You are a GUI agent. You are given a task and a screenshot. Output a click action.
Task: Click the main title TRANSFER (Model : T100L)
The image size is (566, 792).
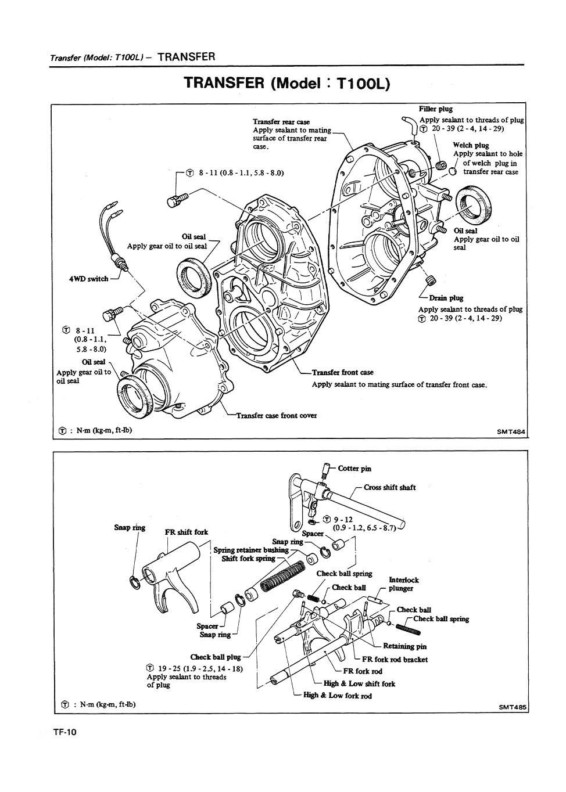coord(287,83)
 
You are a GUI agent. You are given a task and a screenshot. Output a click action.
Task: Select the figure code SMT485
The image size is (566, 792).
coord(512,707)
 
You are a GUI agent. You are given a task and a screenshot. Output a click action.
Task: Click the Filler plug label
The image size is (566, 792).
coord(435,109)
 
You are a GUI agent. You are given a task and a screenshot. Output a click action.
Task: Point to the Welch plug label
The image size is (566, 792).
coord(471,145)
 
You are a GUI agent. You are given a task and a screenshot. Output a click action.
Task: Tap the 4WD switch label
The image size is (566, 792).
coord(89,279)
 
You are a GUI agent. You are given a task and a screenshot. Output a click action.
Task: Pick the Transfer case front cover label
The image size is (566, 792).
coord(276,416)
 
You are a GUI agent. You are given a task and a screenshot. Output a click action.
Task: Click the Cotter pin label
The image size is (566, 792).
coord(354,469)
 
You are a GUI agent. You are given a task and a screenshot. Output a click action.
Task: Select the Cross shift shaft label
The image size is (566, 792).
coord(389,487)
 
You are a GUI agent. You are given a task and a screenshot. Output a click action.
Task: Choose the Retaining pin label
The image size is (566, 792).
coord(404,646)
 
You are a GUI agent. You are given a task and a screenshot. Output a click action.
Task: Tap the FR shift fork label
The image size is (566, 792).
coord(186,532)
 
